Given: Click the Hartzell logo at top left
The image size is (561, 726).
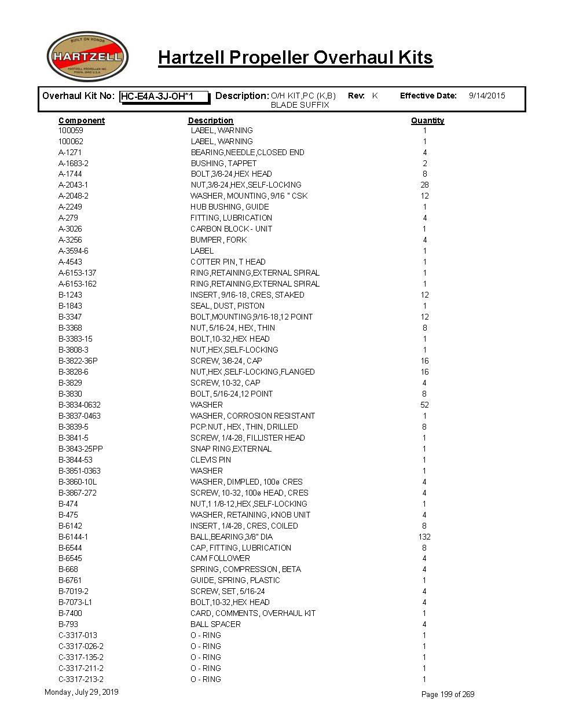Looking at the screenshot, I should click(87, 57).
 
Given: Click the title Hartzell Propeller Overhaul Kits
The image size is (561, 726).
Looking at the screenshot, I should click(295, 57).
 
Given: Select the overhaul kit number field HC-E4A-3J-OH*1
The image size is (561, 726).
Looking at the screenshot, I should click(164, 97).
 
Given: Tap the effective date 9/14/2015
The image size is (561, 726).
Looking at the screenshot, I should click(486, 96).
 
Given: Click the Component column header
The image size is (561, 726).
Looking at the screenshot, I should click(82, 120).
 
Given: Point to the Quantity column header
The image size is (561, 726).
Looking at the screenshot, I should click(427, 120).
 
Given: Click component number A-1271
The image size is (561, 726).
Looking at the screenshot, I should click(70, 152).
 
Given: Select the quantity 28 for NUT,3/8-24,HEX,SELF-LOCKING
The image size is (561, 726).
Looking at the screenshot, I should click(424, 185).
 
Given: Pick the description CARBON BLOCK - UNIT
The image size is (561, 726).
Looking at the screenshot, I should click(231, 229).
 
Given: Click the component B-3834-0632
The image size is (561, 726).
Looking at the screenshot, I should click(79, 405).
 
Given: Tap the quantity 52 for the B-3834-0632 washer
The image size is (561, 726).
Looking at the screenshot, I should click(424, 405).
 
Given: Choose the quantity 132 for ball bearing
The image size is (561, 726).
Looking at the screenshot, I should click(424, 537).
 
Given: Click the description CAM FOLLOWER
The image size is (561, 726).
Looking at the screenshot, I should click(220, 558).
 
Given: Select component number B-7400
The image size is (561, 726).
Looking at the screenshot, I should click(70, 613).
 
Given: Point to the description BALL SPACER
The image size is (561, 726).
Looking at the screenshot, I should click(215, 624).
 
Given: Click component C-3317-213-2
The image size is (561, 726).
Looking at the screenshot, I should click(81, 679).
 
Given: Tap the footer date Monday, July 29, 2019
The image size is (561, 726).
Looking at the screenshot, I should click(81, 692).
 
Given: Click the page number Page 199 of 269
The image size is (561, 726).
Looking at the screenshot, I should click(448, 694).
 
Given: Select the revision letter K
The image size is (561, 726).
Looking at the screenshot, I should click(375, 96).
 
